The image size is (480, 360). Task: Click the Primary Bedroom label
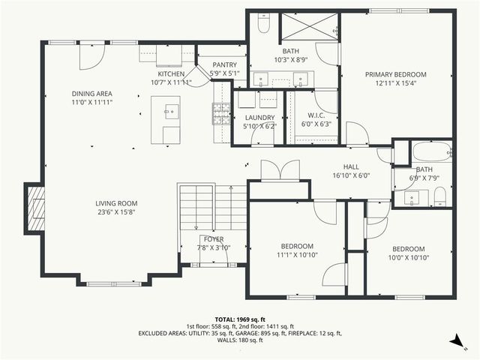tap(395, 74)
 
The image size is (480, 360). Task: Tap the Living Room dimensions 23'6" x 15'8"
tap(116, 212)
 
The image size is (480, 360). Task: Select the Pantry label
tap(224, 65)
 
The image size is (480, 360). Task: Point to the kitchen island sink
tap(171, 113)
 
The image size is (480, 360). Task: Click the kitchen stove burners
tap(221, 112)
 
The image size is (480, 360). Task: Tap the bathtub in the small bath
tap(431, 151)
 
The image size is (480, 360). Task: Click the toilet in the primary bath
tap(263, 25)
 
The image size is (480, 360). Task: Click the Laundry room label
tap(259, 118)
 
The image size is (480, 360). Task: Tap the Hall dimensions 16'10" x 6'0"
tap(351, 176)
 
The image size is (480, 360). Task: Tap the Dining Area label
tap(91, 94)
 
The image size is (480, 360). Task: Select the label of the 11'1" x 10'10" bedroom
tap(297, 246)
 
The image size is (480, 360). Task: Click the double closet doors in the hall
tap(279, 170)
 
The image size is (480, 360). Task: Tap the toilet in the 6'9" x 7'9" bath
tap(440, 197)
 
